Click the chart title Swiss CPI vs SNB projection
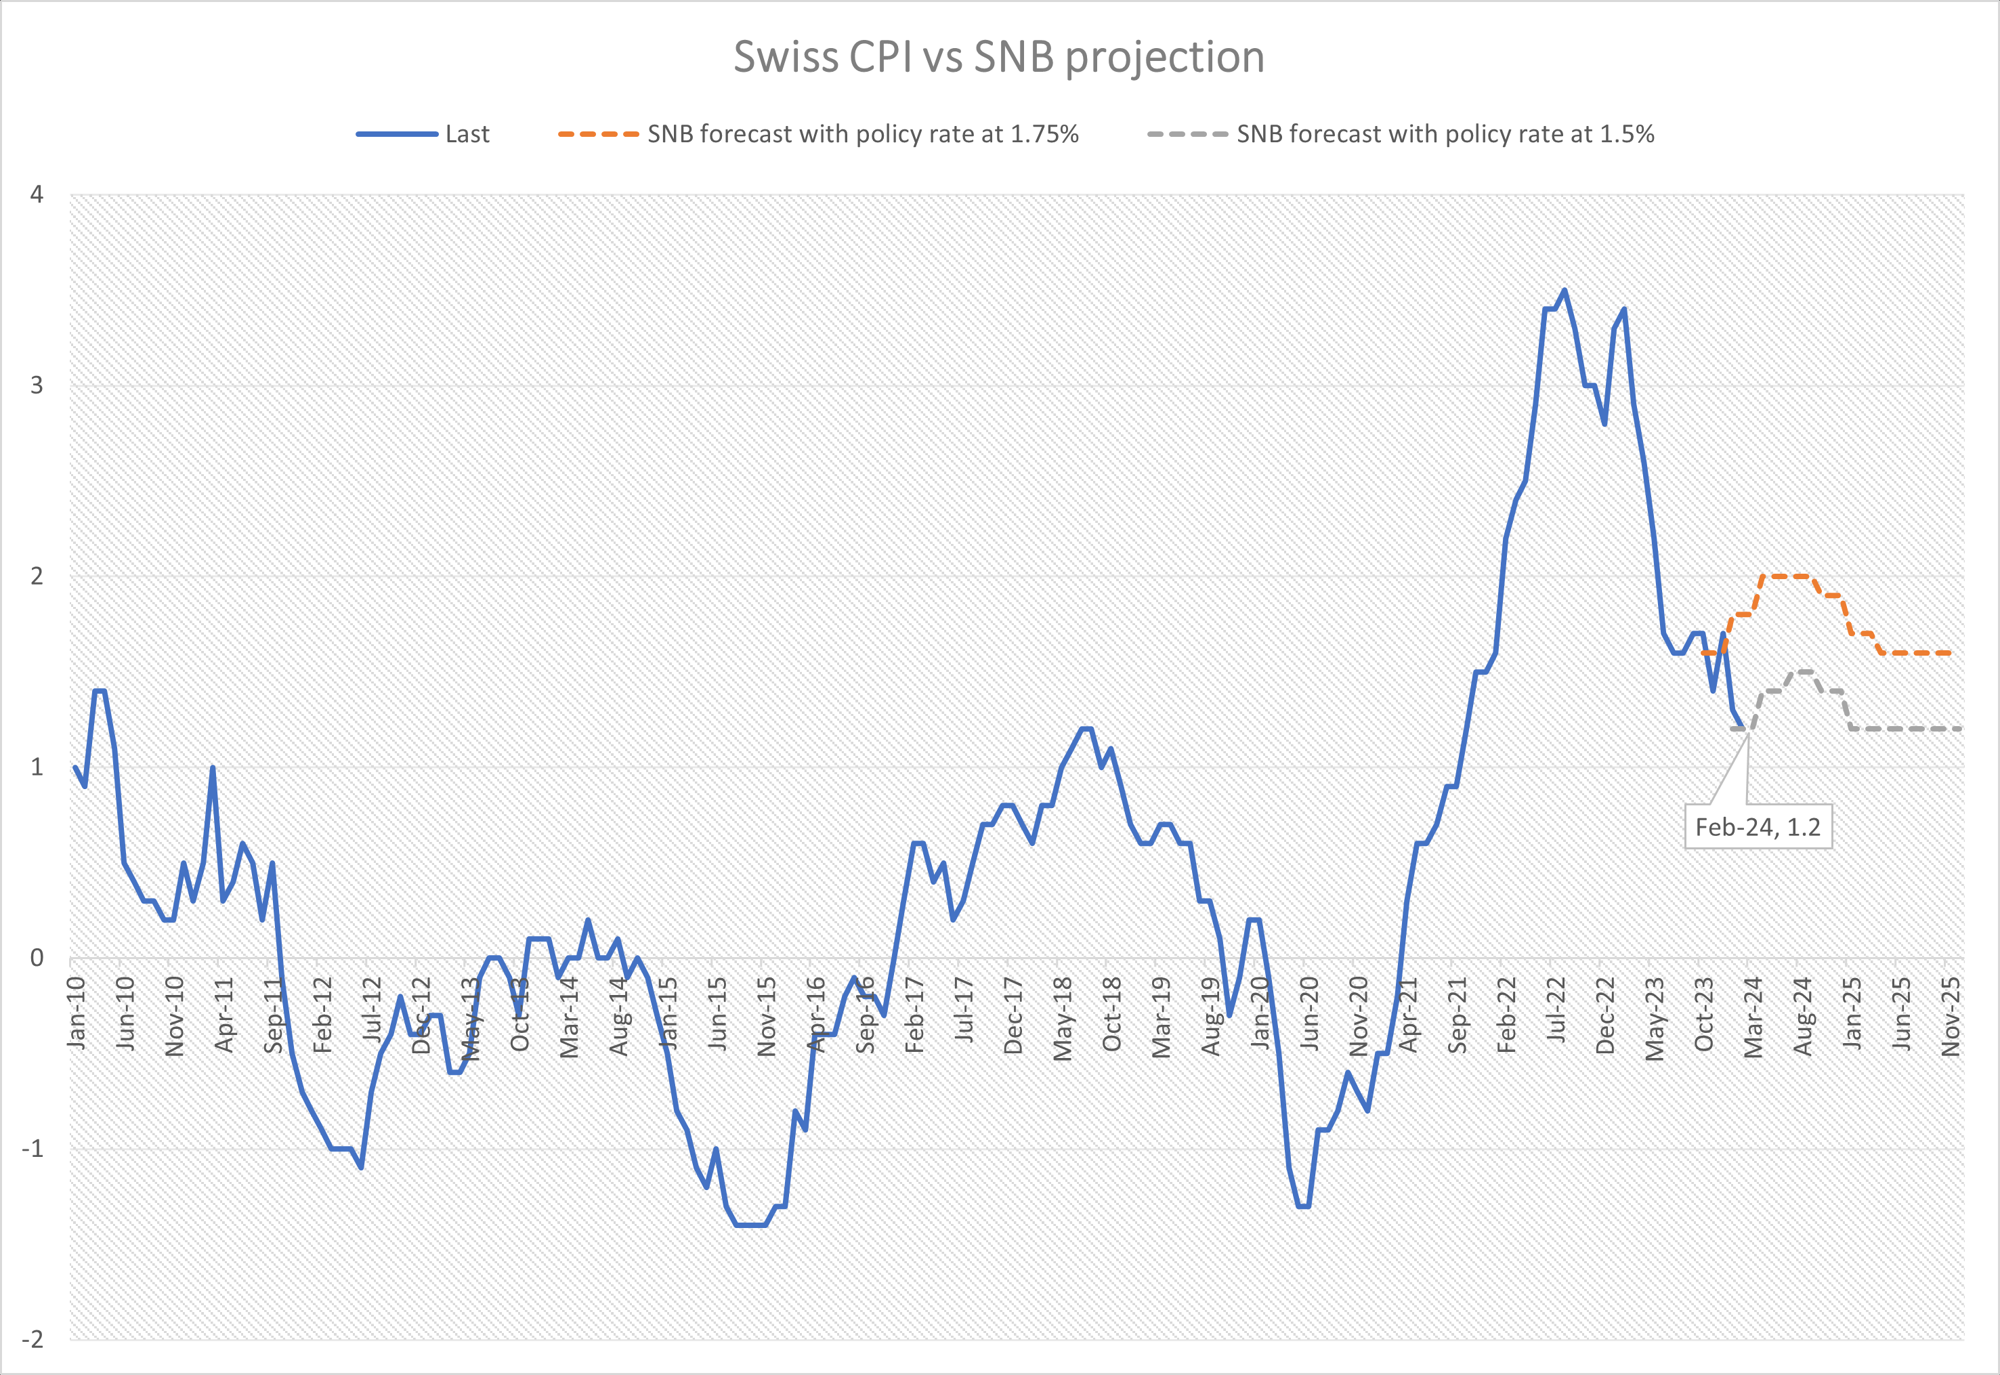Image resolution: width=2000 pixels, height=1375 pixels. tap(999, 57)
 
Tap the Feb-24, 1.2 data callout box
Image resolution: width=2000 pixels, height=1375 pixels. tap(1758, 827)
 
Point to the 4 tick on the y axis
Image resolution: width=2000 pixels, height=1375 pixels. tap(36, 194)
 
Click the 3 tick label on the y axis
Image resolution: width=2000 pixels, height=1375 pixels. tap(36, 385)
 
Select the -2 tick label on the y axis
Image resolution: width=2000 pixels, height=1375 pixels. tap(32, 1339)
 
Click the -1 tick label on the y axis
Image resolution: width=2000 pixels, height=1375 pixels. tap(32, 1148)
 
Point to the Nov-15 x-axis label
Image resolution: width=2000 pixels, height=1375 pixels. tap(766, 1017)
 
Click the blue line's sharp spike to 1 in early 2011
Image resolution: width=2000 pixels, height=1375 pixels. tap(213, 767)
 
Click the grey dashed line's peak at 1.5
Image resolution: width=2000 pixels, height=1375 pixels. tap(1804, 671)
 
